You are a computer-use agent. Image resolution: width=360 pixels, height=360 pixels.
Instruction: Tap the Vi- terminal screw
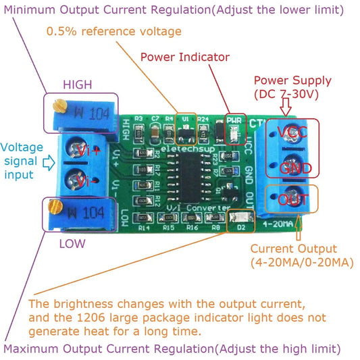(80, 180)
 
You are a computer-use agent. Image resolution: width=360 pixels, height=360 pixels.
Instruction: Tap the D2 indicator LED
(238, 217)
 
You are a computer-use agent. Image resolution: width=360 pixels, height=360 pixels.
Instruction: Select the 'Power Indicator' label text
(184, 57)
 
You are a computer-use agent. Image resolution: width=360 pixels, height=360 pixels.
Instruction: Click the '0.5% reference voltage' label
(113, 32)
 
